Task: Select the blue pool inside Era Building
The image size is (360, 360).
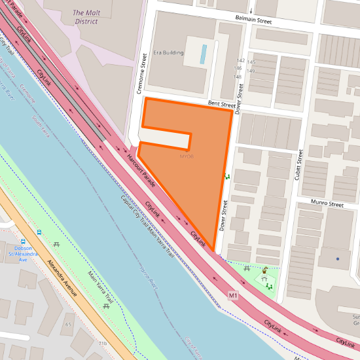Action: click(203, 54)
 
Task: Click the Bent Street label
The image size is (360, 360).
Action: click(221, 104)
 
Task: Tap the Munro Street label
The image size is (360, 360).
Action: click(327, 204)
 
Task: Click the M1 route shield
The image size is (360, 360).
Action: click(233, 296)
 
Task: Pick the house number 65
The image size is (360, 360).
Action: click(68, 324)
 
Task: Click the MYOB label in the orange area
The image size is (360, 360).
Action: click(187, 156)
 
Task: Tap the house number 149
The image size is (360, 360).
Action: click(250, 71)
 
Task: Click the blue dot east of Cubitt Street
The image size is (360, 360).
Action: click(338, 259)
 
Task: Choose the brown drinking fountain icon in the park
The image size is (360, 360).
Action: click(264, 270)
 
